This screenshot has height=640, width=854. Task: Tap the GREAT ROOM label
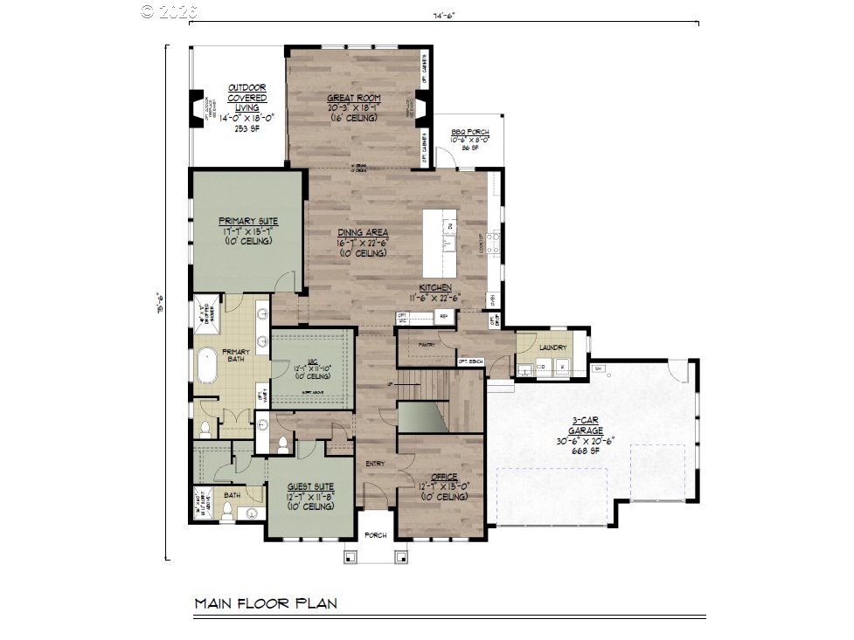coord(351,99)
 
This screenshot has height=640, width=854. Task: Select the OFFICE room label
coord(444,476)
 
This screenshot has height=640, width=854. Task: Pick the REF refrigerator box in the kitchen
coord(443,316)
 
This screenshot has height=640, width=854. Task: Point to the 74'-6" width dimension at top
coord(445,15)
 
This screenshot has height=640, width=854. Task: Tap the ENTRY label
coord(375,464)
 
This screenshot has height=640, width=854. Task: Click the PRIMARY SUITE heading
coord(248,222)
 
